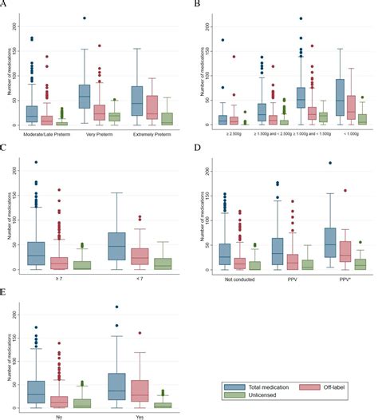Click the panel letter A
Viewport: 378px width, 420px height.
pyautogui.click(x=3, y=4)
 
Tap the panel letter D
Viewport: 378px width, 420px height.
pyautogui.click(x=195, y=146)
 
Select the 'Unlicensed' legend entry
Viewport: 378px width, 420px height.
pyautogui.click(x=249, y=396)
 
